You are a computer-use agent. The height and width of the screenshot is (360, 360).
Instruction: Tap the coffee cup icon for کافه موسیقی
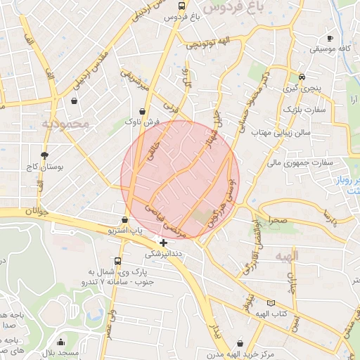point(330,38)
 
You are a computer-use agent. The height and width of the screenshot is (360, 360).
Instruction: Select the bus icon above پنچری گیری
point(302,77)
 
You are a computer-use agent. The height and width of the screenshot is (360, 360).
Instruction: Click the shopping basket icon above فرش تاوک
point(143,111)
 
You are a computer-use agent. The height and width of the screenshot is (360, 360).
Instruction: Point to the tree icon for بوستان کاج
point(45,155)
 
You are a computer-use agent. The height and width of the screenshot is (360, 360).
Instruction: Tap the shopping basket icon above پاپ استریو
point(125,219)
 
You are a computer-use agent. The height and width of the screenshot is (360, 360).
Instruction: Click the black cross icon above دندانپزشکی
point(164,243)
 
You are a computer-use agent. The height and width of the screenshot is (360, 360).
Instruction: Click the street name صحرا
point(277,221)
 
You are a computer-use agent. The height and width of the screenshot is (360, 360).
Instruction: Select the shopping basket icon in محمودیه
point(74,101)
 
